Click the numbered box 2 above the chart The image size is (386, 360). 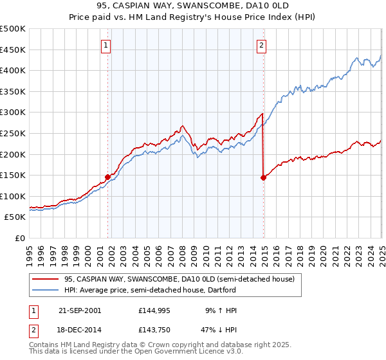point(262,45)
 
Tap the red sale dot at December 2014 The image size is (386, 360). point(264,178)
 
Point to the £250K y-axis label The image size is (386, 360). point(14,133)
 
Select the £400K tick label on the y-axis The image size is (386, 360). point(14,70)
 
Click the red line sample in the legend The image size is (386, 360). point(46,279)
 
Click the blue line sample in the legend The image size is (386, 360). point(46,290)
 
